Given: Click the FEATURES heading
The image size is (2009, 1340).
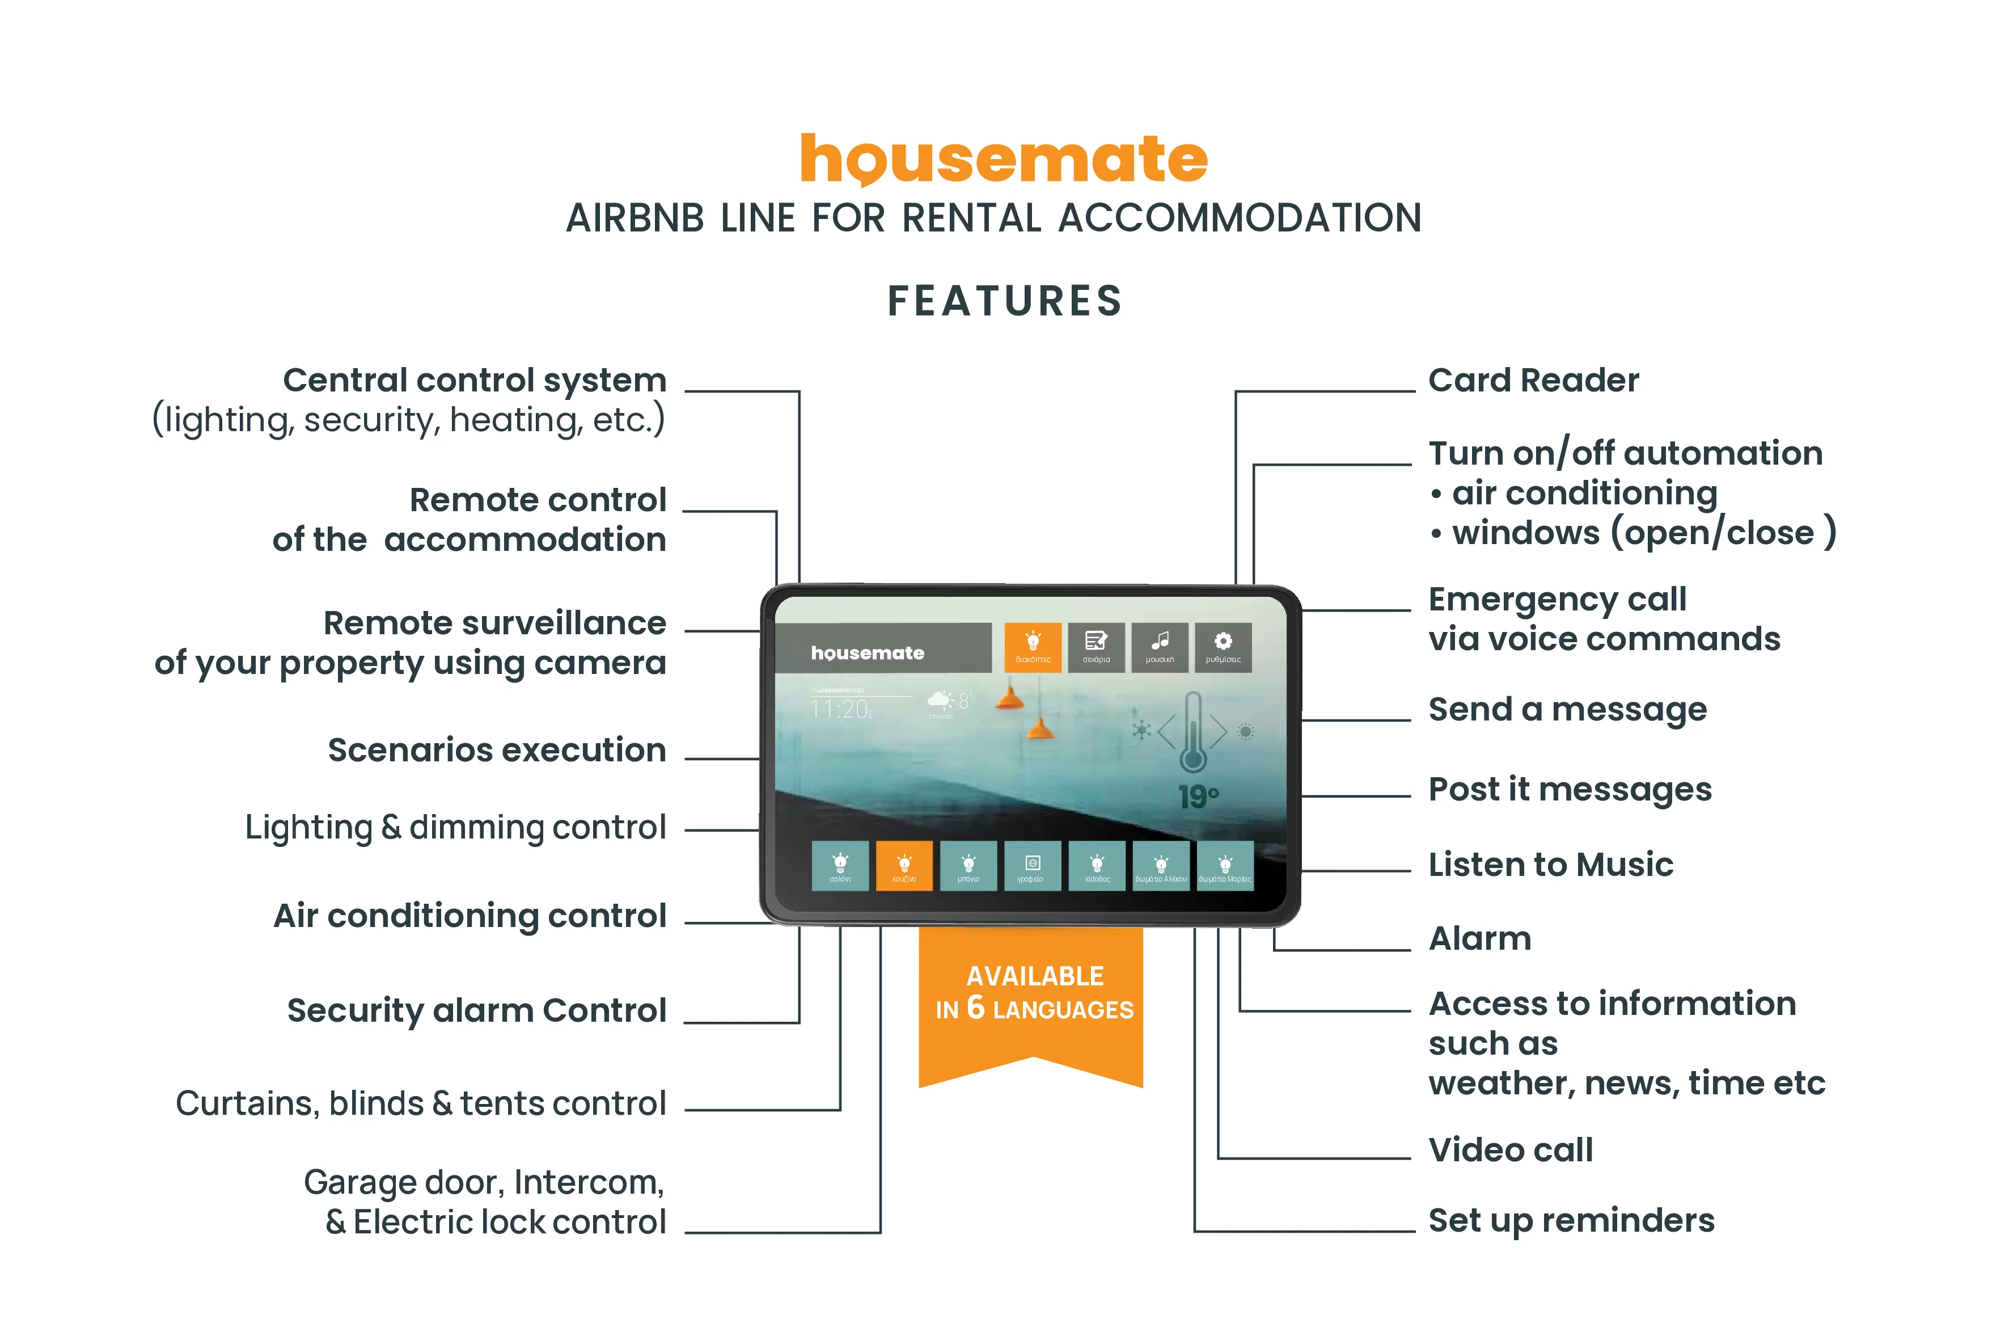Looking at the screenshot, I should coord(1005,301).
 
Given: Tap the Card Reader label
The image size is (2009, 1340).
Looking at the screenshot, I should coord(1533,380).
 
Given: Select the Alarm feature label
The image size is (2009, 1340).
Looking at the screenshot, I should coord(1479,938).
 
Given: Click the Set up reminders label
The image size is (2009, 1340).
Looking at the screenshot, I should coord(1571,1220).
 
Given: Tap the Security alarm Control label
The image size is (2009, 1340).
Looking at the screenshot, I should coord(476,1010).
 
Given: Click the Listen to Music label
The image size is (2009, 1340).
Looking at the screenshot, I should coord(1550,864).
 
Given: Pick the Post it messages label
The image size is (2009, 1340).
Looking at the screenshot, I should coord(1569,790).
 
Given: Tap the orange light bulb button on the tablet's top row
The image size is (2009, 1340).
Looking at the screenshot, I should coord(1033,647).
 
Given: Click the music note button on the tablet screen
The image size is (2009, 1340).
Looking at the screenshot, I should coord(1159,647).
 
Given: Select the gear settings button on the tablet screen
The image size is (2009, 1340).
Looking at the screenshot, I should coord(1223,647).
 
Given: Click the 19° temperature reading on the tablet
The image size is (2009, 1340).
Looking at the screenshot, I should coord(1198,797).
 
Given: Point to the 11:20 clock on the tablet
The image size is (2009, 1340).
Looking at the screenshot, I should coord(840,709).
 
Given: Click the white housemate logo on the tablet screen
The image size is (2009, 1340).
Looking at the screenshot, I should coord(867,653).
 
